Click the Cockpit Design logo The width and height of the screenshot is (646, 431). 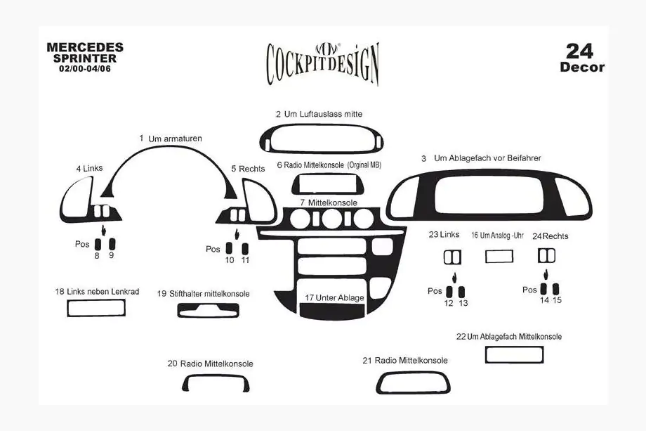pyautogui.click(x=322, y=64)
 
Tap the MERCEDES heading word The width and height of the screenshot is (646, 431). pyautogui.click(x=85, y=47)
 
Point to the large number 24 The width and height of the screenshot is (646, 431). pyautogui.click(x=579, y=51)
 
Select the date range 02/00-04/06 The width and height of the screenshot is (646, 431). pyautogui.click(x=85, y=69)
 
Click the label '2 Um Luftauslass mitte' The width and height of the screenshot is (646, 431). pyautogui.click(x=319, y=114)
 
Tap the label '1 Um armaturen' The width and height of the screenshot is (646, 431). pyautogui.click(x=171, y=139)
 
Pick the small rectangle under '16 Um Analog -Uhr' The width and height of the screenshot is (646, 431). pyautogui.click(x=499, y=256)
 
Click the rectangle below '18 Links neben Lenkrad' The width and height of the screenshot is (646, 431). pyautogui.click(x=96, y=308)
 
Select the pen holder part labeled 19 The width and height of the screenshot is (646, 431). pyautogui.click(x=208, y=311)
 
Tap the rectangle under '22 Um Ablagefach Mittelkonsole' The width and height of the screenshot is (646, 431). pyautogui.click(x=514, y=354)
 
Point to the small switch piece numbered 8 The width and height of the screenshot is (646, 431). pyautogui.click(x=98, y=244)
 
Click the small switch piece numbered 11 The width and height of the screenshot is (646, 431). pyautogui.click(x=245, y=249)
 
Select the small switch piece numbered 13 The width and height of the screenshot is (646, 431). pyautogui.click(x=461, y=292)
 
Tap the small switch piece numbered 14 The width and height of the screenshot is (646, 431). pyautogui.click(x=543, y=289)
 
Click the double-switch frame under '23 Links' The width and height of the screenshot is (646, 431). pyautogui.click(x=452, y=257)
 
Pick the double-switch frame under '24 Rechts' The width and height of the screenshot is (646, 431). pyautogui.click(x=547, y=256)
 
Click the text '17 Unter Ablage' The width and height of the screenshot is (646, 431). pyautogui.click(x=334, y=298)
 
